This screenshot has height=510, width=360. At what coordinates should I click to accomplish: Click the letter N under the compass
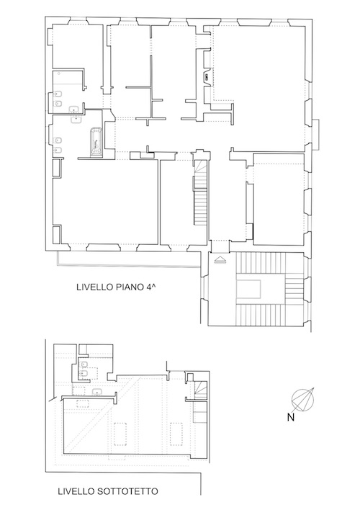(x=290, y=417)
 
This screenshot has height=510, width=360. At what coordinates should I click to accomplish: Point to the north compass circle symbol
(x=303, y=399)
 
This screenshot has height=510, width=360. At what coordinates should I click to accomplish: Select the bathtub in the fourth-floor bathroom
(x=96, y=143)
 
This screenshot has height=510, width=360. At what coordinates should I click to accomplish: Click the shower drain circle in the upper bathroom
(x=58, y=73)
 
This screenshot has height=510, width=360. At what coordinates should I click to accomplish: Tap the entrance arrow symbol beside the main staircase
(x=220, y=260)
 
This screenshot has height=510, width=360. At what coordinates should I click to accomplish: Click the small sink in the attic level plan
(x=97, y=392)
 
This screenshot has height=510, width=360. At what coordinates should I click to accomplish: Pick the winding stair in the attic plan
(x=200, y=389)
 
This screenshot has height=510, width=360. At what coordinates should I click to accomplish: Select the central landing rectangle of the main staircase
(x=248, y=289)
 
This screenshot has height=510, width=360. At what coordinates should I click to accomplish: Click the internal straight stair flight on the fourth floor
(x=201, y=207)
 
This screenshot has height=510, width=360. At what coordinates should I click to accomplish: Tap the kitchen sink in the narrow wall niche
(x=207, y=78)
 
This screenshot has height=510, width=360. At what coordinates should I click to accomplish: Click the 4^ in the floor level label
(x=151, y=287)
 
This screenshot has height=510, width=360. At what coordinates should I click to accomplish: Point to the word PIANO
(x=127, y=287)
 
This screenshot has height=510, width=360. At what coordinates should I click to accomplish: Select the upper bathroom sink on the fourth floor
(x=76, y=109)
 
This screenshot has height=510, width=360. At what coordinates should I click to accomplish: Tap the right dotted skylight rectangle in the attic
(x=176, y=434)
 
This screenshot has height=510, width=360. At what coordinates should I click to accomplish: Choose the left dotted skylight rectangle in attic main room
(x=120, y=434)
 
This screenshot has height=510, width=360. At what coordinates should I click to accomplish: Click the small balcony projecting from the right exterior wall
(x=315, y=135)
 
